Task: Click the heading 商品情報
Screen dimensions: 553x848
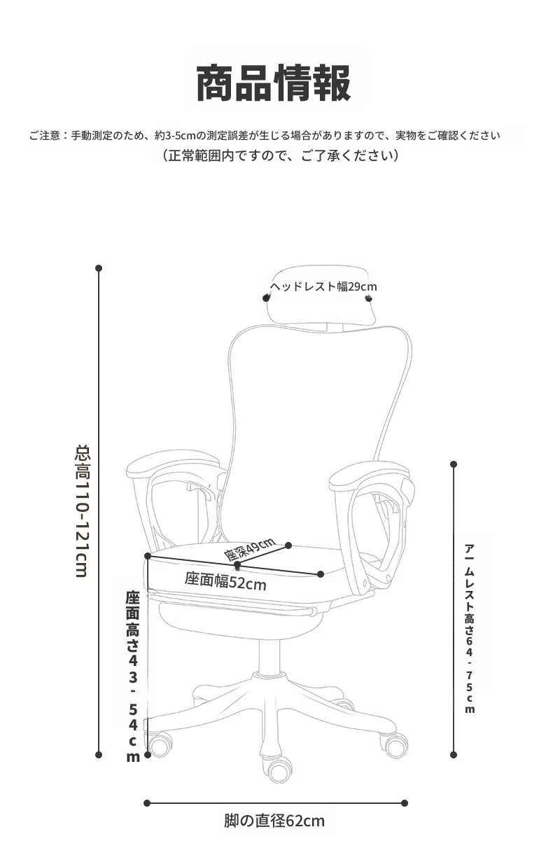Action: pyautogui.click(x=273, y=83)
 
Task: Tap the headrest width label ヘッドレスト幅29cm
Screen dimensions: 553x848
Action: pyautogui.click(x=323, y=286)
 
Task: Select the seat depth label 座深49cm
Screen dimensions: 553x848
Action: pyautogui.click(x=249, y=549)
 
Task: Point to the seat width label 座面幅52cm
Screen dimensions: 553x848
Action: pyautogui.click(x=225, y=582)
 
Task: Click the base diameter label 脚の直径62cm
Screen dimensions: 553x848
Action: pyautogui.click(x=274, y=821)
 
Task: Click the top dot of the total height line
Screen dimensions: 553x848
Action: pyautogui.click(x=99, y=268)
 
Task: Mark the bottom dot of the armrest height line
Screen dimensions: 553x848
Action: pyautogui.click(x=454, y=755)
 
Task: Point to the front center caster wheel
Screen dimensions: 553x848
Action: pyautogui.click(x=280, y=770)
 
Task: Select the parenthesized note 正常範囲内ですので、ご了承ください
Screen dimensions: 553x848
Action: pyautogui.click(x=280, y=155)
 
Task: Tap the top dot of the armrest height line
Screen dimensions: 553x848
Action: pyautogui.click(x=454, y=464)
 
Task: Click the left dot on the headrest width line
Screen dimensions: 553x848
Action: pyautogui.click(x=266, y=298)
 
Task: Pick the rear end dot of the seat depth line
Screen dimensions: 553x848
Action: pyautogui.click(x=288, y=545)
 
